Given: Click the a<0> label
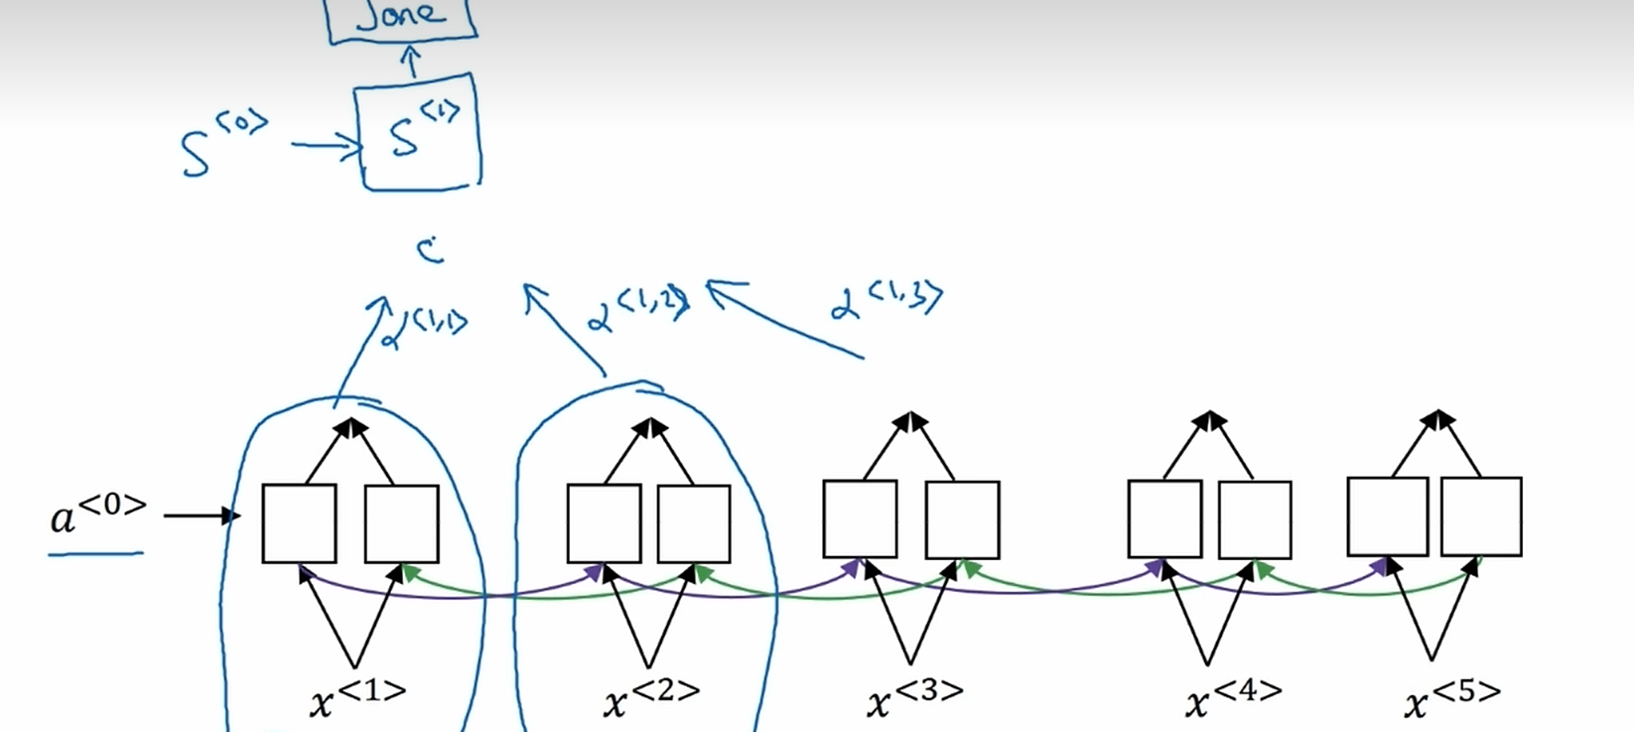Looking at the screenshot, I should pos(98,513).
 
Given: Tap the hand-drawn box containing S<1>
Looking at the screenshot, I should pos(419,133).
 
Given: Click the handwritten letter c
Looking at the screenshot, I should pos(430,250).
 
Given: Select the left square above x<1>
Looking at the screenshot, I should pos(299,523).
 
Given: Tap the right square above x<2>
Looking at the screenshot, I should pos(694,523).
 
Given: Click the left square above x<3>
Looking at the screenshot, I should pos(860,518).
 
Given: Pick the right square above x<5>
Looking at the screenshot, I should pos(1481,516).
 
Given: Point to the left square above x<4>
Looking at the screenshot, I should pos(1164,518).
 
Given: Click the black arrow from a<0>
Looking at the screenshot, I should pos(202,515).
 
